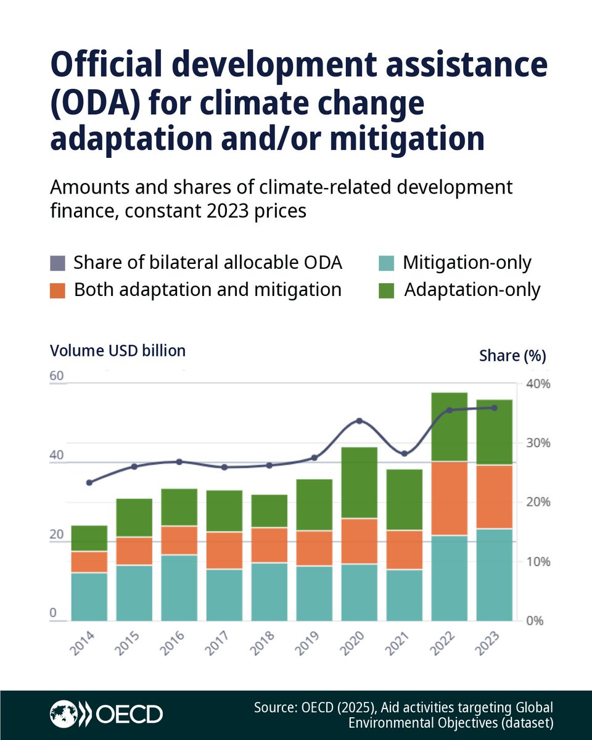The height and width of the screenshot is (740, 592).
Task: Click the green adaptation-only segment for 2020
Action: [x=359, y=482]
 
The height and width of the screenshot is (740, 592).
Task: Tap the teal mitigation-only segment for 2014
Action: [x=89, y=596]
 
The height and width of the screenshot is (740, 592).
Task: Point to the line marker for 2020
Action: [x=360, y=421]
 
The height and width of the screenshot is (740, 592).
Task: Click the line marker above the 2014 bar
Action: [x=89, y=482]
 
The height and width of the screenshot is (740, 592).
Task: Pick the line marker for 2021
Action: [x=405, y=454]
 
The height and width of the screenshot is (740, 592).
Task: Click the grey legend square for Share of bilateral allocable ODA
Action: [x=57, y=264]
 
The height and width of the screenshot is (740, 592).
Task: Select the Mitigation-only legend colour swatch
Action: [x=385, y=264]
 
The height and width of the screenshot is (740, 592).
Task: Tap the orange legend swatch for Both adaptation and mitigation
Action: [x=57, y=290]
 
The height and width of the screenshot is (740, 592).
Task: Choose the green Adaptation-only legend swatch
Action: [x=385, y=290]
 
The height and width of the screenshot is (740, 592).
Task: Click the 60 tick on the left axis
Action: [x=57, y=376]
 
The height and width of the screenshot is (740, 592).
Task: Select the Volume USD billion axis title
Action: [x=118, y=351]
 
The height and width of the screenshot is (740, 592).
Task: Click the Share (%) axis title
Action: [x=512, y=356]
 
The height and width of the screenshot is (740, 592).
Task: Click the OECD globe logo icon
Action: [x=65, y=715]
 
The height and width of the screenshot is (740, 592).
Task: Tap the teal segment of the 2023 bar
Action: [x=495, y=575]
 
